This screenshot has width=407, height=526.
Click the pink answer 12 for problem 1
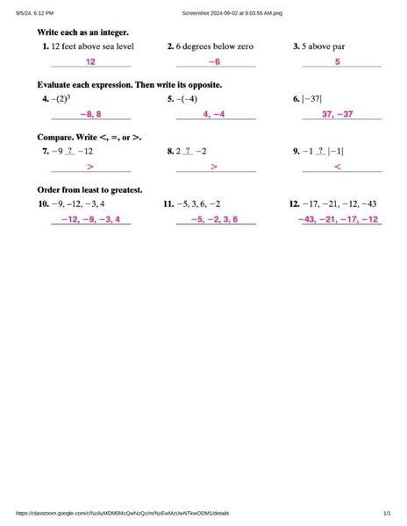coord(90,62)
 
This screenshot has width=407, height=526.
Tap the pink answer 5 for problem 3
coord(338,62)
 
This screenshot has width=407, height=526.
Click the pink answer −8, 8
coord(90,115)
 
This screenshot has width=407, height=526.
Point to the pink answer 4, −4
coord(214,115)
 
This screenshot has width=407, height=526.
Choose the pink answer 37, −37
coord(338,115)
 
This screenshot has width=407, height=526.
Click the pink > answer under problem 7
coord(90,167)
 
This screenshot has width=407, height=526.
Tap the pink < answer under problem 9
coord(338,167)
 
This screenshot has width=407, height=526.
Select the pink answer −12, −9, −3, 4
coord(90,219)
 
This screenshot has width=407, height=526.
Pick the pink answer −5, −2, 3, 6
coord(214,219)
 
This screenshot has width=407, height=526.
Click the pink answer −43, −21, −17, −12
coord(338,219)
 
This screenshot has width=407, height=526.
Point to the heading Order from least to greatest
coord(89,189)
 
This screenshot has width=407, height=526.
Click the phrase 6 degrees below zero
coord(215,46)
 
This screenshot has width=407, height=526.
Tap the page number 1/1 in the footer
coord(387,514)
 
